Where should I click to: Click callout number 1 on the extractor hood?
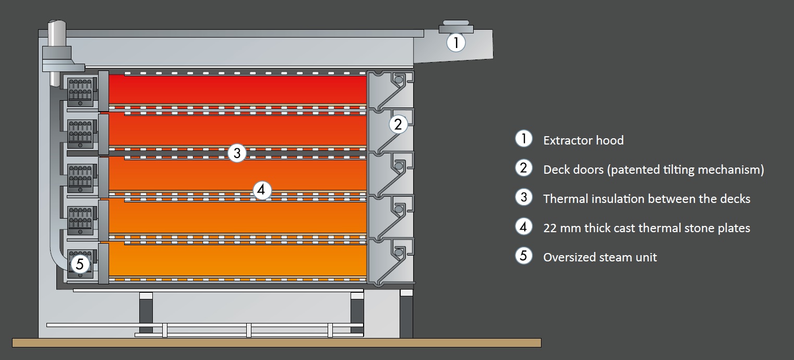[x=456, y=42]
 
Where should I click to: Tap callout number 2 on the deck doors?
[x=398, y=124]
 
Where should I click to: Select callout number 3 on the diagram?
[x=237, y=153]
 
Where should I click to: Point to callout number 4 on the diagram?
[x=262, y=190]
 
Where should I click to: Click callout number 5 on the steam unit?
[x=79, y=264]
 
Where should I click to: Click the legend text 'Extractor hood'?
[x=583, y=140]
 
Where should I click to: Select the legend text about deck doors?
[x=653, y=170]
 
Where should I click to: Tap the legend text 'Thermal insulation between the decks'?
[x=646, y=199]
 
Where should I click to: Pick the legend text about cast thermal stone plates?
[x=646, y=228]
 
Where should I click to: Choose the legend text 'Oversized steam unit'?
[x=600, y=257]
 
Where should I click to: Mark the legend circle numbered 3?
[x=523, y=197]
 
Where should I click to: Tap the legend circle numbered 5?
[x=523, y=256]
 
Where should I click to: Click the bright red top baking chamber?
[x=237, y=89]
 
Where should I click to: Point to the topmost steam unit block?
[x=80, y=92]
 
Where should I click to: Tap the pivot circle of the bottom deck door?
[x=399, y=253]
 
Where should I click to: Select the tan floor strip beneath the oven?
[x=276, y=343]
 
